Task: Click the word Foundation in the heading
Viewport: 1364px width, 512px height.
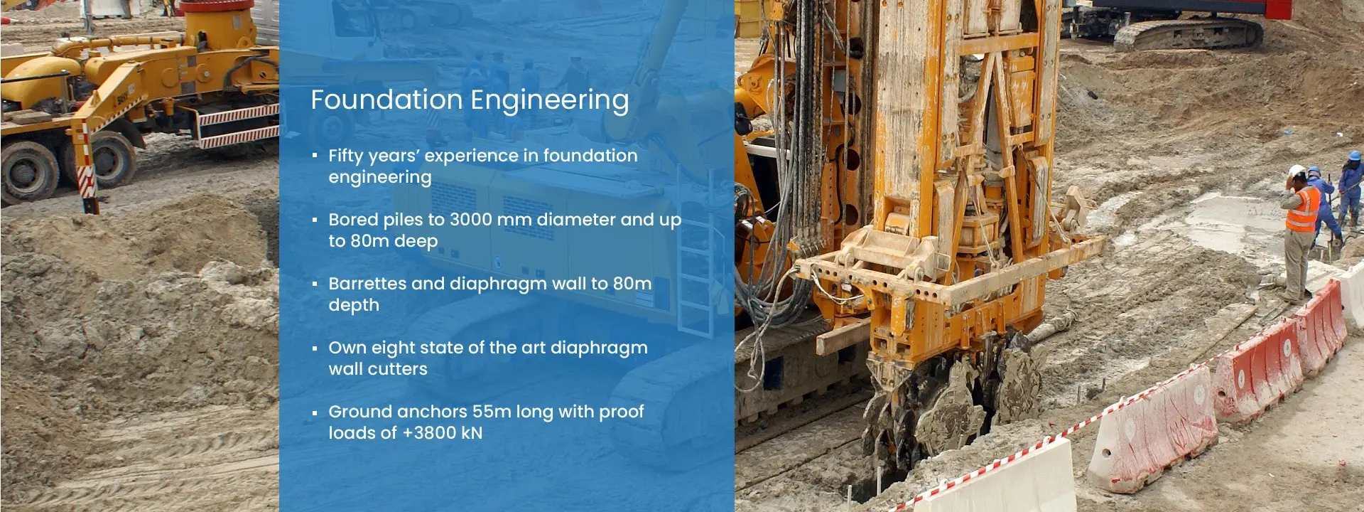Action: [386, 100]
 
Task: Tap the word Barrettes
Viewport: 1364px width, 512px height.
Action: [367, 284]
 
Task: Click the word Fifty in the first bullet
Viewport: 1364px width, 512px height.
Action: [345, 156]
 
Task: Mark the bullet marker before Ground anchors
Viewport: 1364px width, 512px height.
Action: [315, 412]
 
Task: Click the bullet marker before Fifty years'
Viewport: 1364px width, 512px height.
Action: [315, 156]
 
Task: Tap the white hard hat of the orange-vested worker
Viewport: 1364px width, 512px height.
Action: [1297, 171]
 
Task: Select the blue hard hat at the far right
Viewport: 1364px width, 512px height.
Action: [1356, 155]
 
